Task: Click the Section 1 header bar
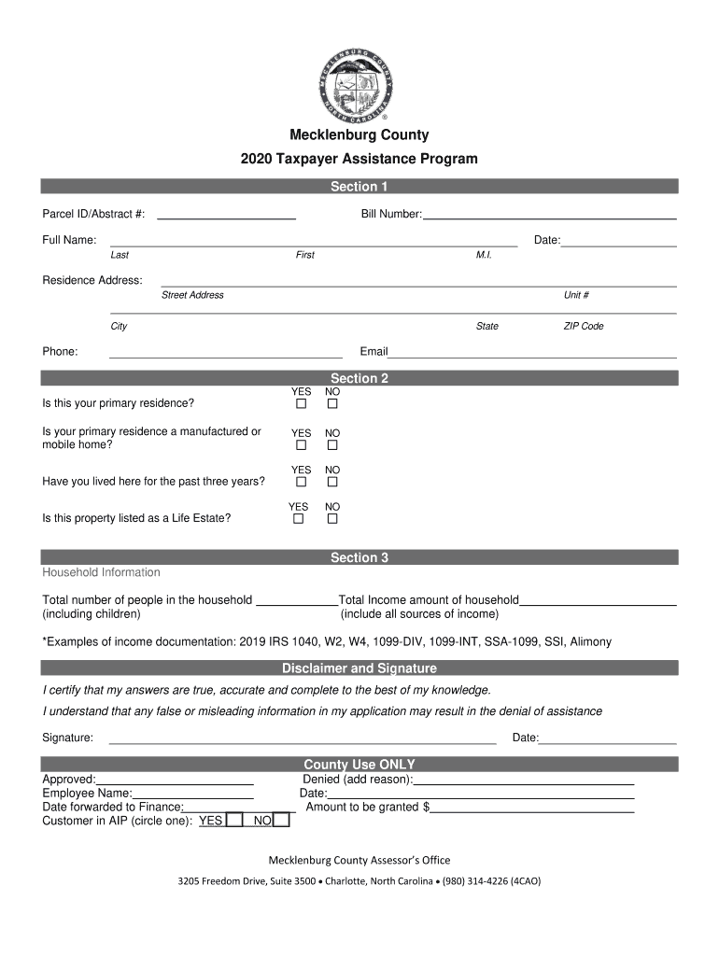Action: click(x=359, y=187)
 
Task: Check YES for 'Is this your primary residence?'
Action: click(x=301, y=405)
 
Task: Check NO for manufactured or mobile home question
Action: click(x=332, y=446)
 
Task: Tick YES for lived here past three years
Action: click(x=301, y=483)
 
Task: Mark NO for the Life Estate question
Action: click(x=332, y=519)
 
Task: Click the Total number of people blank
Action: click(x=296, y=600)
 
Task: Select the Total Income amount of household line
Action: click(x=598, y=600)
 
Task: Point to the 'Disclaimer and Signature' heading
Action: click(x=359, y=668)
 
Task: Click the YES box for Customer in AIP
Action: click(x=235, y=821)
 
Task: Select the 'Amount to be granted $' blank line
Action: click(x=532, y=808)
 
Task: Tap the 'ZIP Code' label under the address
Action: click(x=583, y=327)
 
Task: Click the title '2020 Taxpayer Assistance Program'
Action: click(x=359, y=159)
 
